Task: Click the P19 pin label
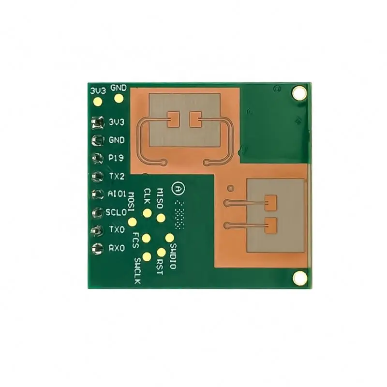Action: click(x=117, y=158)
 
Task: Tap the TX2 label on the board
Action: click(x=117, y=176)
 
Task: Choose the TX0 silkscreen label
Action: click(x=117, y=230)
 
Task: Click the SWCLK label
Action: click(x=138, y=271)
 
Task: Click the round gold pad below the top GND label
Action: click(x=119, y=99)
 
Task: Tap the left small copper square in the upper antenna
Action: click(x=174, y=118)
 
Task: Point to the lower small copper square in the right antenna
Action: click(x=271, y=224)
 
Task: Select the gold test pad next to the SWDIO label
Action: click(x=170, y=237)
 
